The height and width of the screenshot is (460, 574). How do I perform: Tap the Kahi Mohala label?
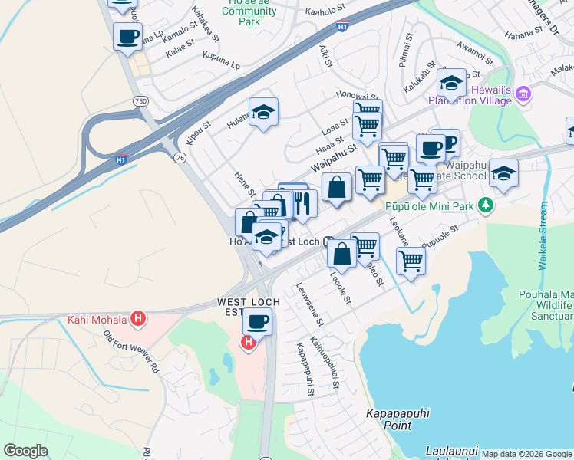click(x=96, y=320)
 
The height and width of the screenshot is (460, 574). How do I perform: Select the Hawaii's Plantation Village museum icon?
click(x=524, y=94)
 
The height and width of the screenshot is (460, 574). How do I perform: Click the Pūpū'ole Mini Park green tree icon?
click(x=485, y=205)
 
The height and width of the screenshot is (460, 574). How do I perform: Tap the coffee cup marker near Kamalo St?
click(x=127, y=36)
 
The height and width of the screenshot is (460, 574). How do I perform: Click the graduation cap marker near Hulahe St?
click(x=263, y=113)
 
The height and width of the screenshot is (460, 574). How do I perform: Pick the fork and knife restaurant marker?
click(x=302, y=204)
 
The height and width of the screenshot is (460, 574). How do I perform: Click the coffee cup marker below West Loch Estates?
click(x=258, y=322)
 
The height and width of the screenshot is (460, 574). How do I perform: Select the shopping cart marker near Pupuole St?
click(x=411, y=261)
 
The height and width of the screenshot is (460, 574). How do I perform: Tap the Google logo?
click(x=25, y=451)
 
